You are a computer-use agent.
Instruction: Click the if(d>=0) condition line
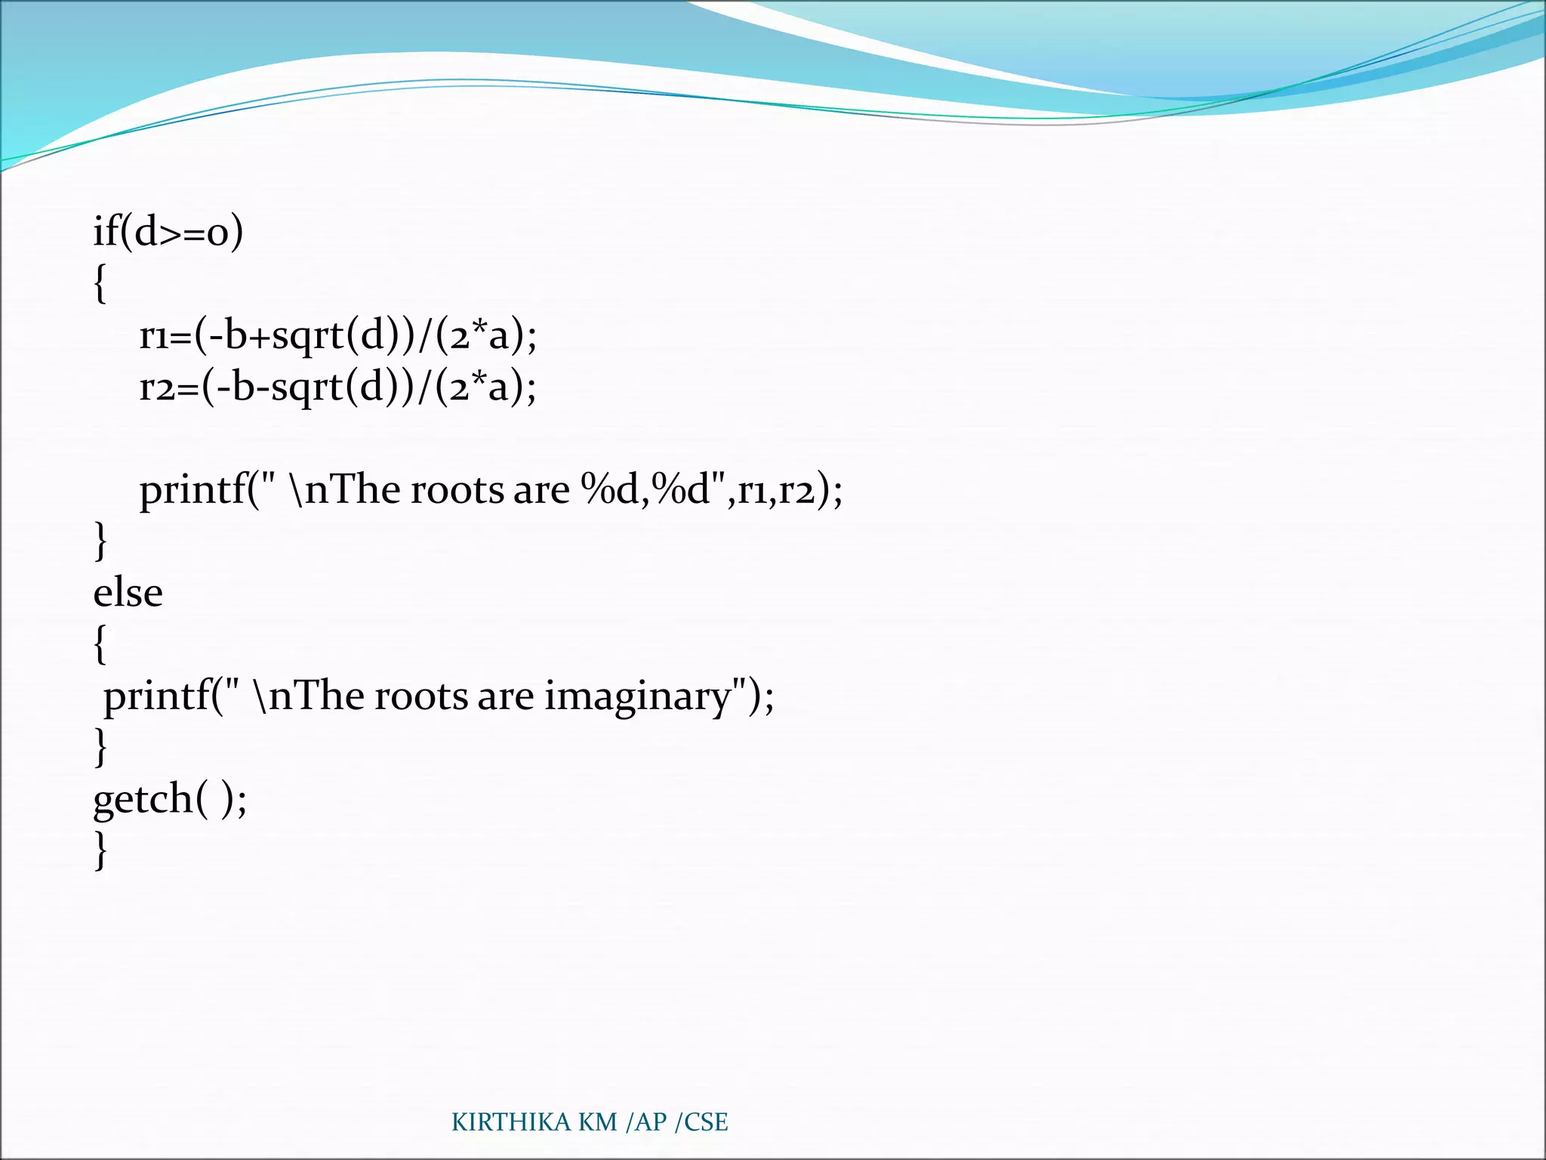(x=168, y=231)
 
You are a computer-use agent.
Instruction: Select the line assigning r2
(x=337, y=387)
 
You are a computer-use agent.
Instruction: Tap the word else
(x=128, y=593)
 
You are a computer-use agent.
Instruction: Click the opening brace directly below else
(x=100, y=644)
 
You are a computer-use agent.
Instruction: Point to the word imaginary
(x=638, y=696)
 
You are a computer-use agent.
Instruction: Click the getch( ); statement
(x=170, y=799)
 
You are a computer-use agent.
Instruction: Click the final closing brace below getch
(x=100, y=850)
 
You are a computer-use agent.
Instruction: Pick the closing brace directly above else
(x=100, y=541)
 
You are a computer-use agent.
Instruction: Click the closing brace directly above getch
(x=100, y=748)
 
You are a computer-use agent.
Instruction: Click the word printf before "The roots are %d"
(x=193, y=491)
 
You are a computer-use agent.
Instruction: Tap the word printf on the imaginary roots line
(x=157, y=696)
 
